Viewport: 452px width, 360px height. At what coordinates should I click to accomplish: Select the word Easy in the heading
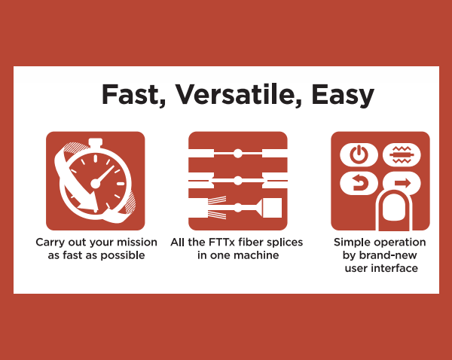tap(343, 96)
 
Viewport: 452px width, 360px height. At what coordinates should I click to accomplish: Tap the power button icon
tap(359, 155)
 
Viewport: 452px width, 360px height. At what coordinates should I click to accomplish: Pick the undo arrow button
tap(359, 183)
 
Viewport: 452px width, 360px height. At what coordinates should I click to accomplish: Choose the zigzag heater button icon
tap(402, 155)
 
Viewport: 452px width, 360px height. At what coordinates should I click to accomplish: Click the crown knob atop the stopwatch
tap(96, 142)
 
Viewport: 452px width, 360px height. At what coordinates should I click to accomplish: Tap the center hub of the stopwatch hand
tap(96, 183)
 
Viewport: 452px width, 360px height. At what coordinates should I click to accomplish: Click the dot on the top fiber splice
tap(237, 154)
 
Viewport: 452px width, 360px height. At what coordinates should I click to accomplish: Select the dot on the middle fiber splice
tap(237, 181)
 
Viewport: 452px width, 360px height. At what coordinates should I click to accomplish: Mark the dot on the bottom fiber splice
tap(237, 208)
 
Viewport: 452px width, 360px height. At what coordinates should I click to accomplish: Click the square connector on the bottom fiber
tap(272, 208)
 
